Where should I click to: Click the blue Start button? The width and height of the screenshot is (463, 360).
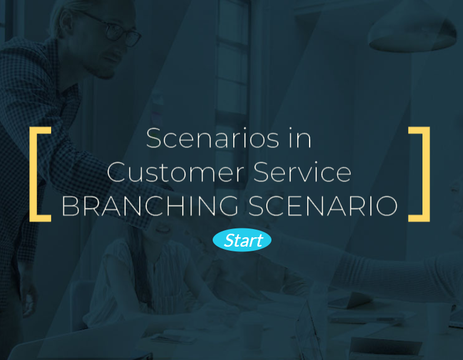(242, 240)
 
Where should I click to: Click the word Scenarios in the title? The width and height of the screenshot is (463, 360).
(213, 138)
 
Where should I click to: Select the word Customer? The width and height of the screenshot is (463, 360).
(176, 171)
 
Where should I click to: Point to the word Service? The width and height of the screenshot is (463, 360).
(303, 171)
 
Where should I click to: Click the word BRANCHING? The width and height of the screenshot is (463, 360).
(150, 206)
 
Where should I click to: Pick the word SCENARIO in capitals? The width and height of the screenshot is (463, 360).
(323, 206)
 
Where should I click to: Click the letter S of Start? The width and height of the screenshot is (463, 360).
(229, 240)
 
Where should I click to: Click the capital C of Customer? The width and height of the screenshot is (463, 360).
(117, 171)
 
